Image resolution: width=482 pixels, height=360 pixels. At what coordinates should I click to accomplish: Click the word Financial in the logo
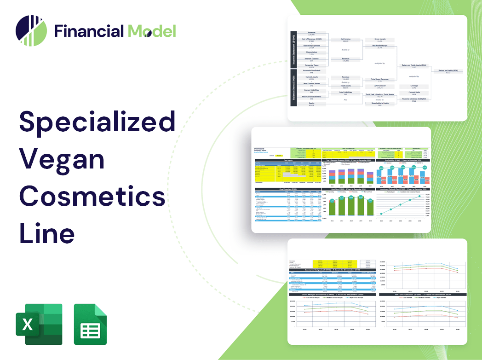coord(89,31)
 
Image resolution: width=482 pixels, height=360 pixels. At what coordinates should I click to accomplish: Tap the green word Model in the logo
coord(152,31)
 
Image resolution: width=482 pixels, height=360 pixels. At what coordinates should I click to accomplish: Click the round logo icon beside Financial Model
coord(31,31)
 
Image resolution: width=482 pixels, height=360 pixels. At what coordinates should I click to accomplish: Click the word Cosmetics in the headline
coord(92,196)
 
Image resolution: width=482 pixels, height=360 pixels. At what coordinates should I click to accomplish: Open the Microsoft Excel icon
coord(39,324)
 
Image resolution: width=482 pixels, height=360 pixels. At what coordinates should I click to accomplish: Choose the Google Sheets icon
coord(91,324)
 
